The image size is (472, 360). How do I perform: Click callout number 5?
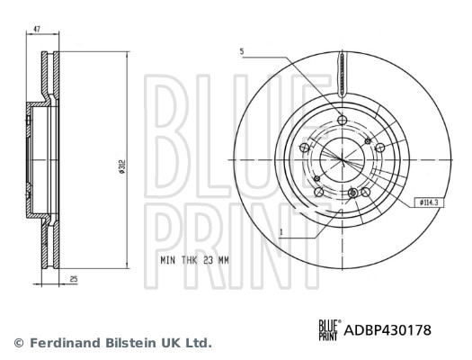(x=242, y=51)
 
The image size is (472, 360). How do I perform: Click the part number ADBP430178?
(x=388, y=330)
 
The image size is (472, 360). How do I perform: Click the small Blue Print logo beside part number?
(x=328, y=331)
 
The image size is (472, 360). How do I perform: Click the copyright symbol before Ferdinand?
(x=18, y=343)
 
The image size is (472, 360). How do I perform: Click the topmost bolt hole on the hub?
(x=341, y=123)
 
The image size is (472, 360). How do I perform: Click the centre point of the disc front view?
(x=342, y=161)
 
